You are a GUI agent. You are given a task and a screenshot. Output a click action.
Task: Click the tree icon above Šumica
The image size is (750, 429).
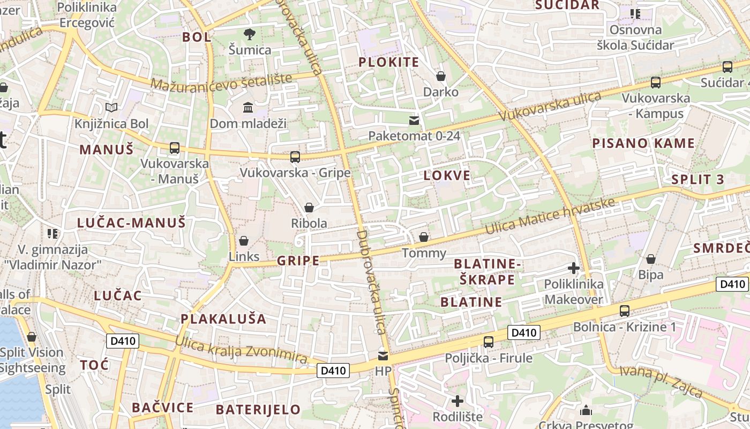pyautogui.click(x=249, y=35)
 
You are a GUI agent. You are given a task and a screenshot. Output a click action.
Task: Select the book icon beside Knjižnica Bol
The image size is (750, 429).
pyautogui.click(x=111, y=108)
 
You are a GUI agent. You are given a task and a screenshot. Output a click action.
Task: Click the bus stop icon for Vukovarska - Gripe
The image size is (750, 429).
pyautogui.click(x=295, y=157)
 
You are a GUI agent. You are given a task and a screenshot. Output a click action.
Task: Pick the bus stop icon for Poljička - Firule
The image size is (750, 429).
pyautogui.click(x=488, y=342)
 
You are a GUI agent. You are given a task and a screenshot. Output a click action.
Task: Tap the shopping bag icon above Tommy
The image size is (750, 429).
pyautogui.click(x=424, y=237)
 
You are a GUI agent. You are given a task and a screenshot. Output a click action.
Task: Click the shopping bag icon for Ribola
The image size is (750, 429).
pyautogui.click(x=309, y=208)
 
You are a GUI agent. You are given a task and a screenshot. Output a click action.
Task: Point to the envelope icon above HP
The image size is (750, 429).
pyautogui.click(x=383, y=356)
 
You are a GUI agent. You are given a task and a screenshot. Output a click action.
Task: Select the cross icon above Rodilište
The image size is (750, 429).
pyautogui.click(x=457, y=401)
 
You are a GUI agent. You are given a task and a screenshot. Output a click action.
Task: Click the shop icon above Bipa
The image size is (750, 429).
pyautogui.click(x=651, y=260)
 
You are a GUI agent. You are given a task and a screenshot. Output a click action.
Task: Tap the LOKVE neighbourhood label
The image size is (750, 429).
pyautogui.click(x=447, y=175)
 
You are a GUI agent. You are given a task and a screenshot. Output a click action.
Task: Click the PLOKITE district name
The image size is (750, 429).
pyautogui.click(x=388, y=62)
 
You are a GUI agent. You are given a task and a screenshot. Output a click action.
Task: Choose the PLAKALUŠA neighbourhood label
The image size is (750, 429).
pyautogui.click(x=223, y=319)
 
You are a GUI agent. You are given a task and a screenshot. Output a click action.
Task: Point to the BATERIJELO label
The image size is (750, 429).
pyautogui.click(x=258, y=410)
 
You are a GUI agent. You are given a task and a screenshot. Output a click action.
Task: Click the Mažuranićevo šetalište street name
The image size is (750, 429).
pyautogui.click(x=221, y=82)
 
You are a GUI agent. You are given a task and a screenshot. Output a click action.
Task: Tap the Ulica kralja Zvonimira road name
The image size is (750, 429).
pyautogui.click(x=241, y=350)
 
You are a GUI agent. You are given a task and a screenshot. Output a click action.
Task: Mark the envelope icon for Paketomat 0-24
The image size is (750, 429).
pyautogui.click(x=414, y=120)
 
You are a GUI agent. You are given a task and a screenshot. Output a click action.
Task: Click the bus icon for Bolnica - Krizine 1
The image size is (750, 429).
pyautogui.click(x=624, y=310)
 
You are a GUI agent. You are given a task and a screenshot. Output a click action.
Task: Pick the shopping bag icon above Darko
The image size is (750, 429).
pyautogui.click(x=441, y=77)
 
